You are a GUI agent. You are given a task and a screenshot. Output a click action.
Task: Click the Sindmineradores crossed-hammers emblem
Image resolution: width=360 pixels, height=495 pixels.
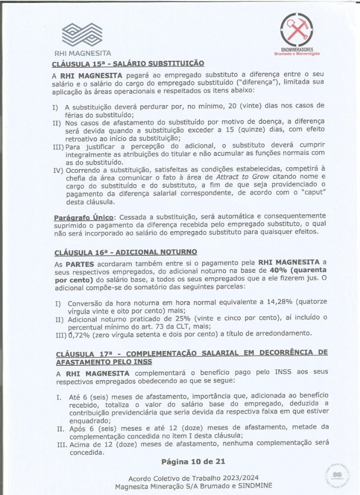297,30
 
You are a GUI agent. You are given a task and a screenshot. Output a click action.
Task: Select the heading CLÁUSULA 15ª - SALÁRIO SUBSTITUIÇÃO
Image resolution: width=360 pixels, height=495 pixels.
127,63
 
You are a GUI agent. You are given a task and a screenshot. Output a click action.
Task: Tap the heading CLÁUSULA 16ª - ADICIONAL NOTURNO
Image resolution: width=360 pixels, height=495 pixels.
126,252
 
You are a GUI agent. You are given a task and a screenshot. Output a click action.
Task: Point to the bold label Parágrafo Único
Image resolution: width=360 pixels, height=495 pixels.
84,216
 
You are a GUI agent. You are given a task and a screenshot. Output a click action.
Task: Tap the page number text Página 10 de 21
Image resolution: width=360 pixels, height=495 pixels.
193,461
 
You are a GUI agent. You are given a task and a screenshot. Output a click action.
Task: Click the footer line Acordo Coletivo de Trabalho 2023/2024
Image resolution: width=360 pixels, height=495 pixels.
194,479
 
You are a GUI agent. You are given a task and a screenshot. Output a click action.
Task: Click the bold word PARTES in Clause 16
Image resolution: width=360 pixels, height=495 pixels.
78,262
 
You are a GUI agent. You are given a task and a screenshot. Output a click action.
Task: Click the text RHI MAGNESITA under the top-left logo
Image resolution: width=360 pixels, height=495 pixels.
83,53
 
